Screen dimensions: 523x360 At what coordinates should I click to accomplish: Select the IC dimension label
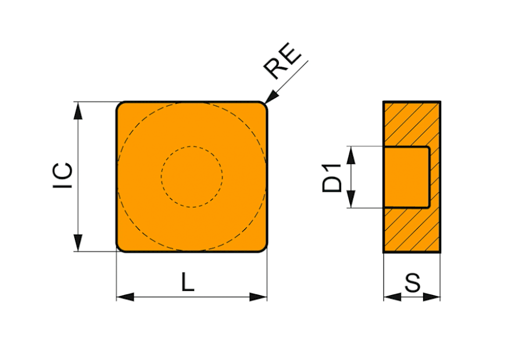coord(63,176)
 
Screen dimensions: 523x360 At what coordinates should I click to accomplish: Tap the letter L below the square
coord(188,282)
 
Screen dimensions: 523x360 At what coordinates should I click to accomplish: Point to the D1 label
coord(332,178)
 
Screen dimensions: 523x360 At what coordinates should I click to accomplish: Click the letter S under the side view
coord(412,283)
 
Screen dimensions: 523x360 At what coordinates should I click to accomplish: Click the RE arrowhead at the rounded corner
coord(271,96)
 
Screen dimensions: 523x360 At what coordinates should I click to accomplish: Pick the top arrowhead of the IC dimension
coord(78,110)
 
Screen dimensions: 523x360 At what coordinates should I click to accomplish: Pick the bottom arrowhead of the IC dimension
coord(78,243)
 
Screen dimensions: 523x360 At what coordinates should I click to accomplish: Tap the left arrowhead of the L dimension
coord(125,297)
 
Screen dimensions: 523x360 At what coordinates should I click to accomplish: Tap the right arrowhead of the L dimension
coord(259,297)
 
